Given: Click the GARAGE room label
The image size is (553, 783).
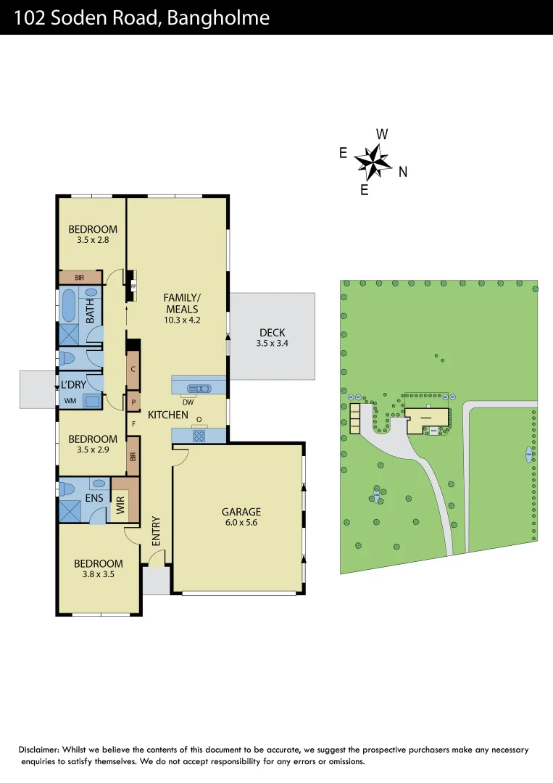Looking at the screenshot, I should point(241,512).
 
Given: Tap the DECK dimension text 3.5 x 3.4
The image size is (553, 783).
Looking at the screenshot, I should point(272,344).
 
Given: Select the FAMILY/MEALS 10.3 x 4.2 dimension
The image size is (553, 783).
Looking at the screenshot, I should point(181,319).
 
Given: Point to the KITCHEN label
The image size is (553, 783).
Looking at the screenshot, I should point(168,415).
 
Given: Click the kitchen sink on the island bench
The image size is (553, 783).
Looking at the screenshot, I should point(199,388).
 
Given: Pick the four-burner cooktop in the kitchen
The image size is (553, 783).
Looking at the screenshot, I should point(199,435).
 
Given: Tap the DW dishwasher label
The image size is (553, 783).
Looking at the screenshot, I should point(187,402).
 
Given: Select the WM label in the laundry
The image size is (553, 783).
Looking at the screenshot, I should point(70,400).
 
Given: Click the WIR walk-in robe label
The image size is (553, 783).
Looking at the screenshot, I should point(121,505).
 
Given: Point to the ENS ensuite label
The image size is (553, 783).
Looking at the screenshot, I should point(93,498).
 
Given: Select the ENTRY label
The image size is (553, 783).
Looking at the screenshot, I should point(156,531).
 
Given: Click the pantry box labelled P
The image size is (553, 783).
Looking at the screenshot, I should point(133,401).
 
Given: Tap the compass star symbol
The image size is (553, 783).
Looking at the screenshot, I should point(373,162).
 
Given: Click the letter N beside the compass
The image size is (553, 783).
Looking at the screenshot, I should point(403,172).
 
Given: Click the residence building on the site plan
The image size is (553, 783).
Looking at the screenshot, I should point(426,420).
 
